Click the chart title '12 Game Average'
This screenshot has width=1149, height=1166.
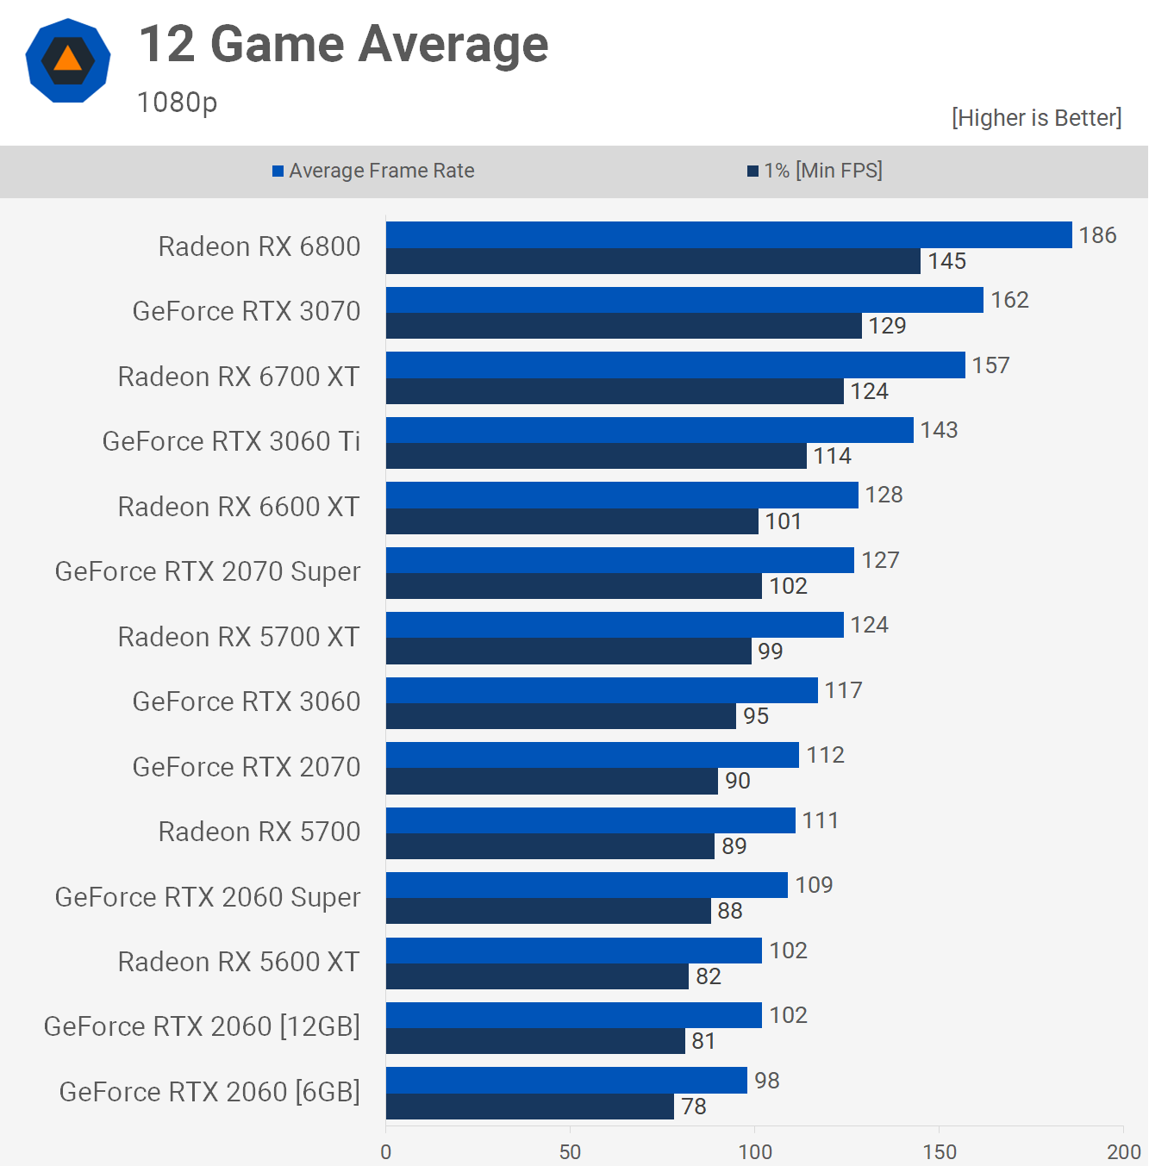pyautogui.click(x=343, y=44)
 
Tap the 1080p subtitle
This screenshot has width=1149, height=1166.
pyautogui.click(x=177, y=103)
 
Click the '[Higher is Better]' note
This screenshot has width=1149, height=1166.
pyautogui.click(x=1036, y=118)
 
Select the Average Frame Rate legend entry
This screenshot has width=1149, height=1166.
pyautogui.click(x=373, y=171)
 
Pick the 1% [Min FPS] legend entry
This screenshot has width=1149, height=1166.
pyautogui.click(x=815, y=171)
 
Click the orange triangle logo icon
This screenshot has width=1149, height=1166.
pyautogui.click(x=68, y=60)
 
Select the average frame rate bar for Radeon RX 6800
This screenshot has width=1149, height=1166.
pyautogui.click(x=728, y=235)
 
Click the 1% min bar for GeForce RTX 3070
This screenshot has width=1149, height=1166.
pyautogui.click(x=623, y=326)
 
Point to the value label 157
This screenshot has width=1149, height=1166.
pyautogui.click(x=990, y=365)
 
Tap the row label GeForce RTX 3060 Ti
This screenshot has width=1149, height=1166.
pyautogui.click(x=231, y=441)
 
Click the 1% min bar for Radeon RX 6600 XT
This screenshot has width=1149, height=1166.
pyautogui.click(x=571, y=521)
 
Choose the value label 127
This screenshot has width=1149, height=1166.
pyautogui.click(x=880, y=560)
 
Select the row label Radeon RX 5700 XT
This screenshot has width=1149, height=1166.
pyautogui.click(x=239, y=637)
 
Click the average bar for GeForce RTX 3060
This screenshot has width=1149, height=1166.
pyautogui.click(x=602, y=690)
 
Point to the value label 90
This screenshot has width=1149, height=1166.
pyautogui.click(x=737, y=781)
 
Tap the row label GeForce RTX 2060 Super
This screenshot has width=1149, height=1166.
pyautogui.click(x=208, y=897)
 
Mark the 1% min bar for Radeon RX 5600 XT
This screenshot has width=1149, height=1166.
pyautogui.click(x=537, y=976)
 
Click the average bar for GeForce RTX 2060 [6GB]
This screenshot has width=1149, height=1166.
pyautogui.click(x=566, y=1081)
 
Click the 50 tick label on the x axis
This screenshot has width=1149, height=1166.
pyautogui.click(x=570, y=1151)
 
